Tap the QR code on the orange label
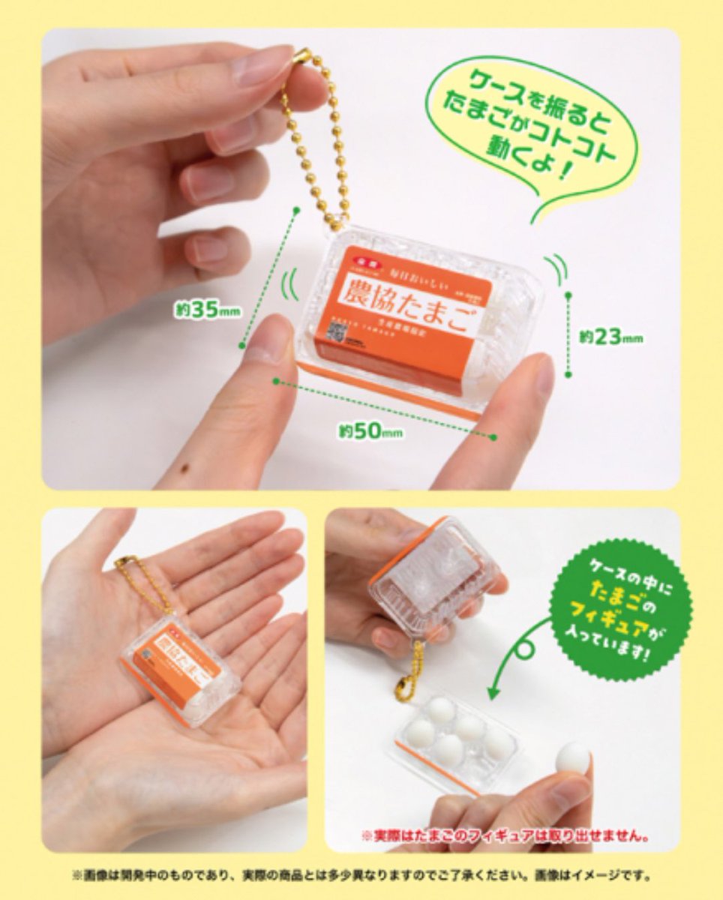pyautogui.click(x=335, y=335)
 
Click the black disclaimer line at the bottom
pyautogui.click(x=361, y=874)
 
